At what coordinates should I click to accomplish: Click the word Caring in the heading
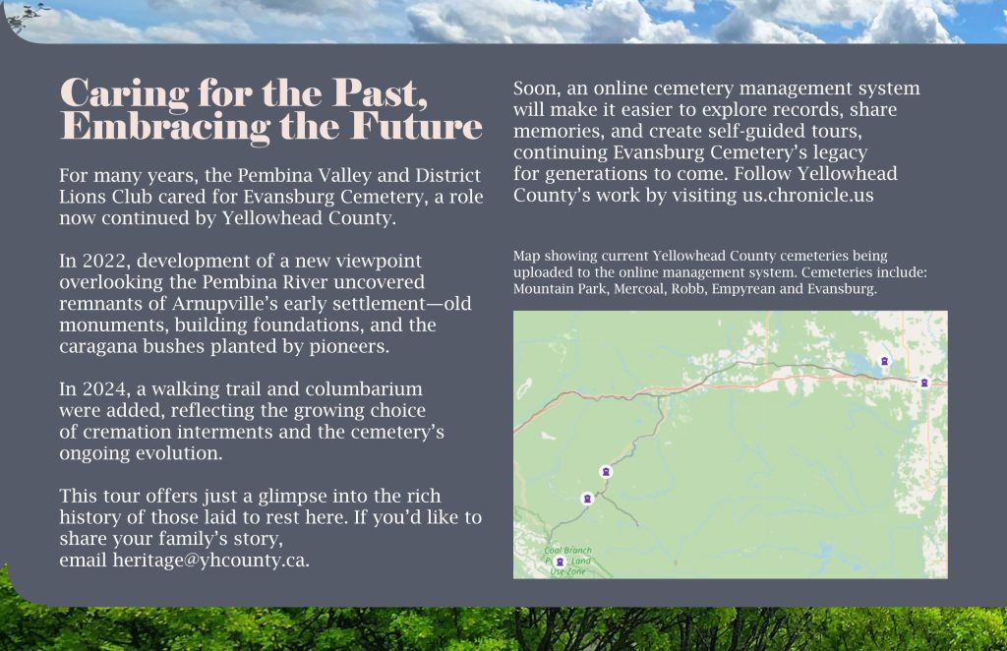point(124,93)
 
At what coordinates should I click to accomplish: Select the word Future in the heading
point(416,126)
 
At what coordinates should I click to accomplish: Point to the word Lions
point(81,197)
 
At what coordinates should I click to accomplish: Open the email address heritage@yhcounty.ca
point(210,561)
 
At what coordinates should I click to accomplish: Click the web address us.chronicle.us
point(808,195)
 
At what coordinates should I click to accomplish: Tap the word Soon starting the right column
point(537,89)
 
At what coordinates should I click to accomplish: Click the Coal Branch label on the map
point(567,551)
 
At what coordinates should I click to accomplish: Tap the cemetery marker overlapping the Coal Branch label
point(560,562)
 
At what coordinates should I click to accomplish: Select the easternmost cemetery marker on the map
point(924,383)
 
